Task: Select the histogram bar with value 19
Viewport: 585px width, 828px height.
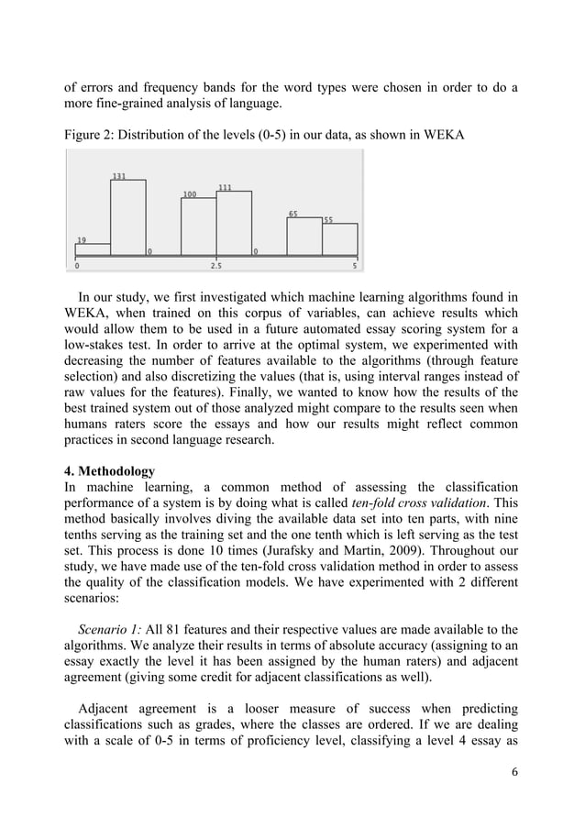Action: pos(93,249)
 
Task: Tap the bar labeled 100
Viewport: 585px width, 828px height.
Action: pos(198,226)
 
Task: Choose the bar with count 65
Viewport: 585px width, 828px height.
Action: pos(304,237)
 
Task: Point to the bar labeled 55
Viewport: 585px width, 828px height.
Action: pos(339,239)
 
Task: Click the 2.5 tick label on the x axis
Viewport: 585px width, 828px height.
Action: pos(215,267)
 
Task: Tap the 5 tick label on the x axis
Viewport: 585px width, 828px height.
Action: pos(355,267)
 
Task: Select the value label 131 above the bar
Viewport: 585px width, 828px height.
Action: pos(119,176)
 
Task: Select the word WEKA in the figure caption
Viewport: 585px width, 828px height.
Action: pos(443,137)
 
